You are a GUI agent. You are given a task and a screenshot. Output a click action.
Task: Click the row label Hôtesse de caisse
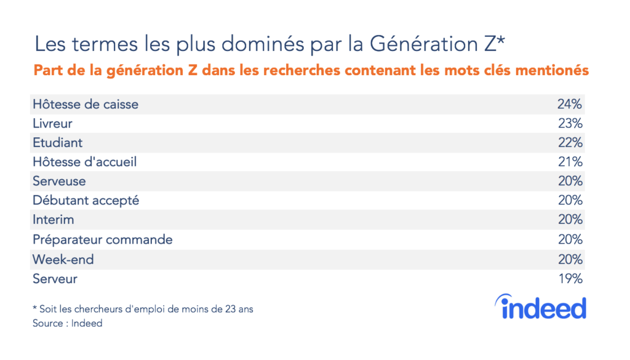86,104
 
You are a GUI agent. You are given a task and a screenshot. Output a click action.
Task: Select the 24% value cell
570,104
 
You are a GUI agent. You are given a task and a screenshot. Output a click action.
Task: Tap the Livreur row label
53,124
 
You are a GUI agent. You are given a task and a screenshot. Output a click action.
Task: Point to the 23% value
570,124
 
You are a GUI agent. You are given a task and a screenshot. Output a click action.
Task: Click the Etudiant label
57,143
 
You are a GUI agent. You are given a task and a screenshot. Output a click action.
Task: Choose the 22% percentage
570,143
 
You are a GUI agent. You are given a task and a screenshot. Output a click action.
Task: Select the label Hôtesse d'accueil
85,162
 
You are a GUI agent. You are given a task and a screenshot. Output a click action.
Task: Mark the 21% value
570,162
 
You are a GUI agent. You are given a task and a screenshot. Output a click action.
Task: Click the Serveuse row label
59,182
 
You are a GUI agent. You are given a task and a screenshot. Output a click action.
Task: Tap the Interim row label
53,220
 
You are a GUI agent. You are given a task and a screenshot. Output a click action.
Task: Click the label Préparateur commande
103,239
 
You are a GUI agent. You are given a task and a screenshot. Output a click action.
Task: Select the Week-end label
63,259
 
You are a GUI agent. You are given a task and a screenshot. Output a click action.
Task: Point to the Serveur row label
55,279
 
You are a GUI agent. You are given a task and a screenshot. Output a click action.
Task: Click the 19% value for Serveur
570,279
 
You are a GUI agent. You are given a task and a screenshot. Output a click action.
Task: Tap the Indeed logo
540,307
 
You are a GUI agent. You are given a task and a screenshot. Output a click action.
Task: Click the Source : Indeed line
68,323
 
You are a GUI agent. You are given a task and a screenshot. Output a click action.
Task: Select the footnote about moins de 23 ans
143,309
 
